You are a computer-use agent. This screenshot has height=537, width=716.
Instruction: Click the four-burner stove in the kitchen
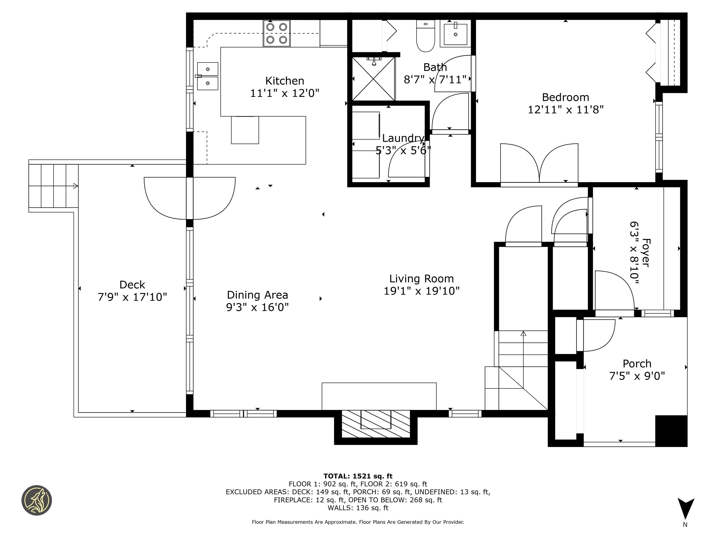(x=276, y=33)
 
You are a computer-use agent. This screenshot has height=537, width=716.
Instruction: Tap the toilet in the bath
(x=425, y=36)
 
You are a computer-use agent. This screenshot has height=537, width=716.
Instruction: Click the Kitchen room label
(x=285, y=81)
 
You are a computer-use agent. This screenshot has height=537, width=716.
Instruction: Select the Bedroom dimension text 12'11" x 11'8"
(x=565, y=110)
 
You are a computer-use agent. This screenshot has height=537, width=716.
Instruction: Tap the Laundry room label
(x=403, y=138)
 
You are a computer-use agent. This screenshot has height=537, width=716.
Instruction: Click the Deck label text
(x=132, y=285)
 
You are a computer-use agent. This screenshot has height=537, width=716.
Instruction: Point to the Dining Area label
(x=257, y=295)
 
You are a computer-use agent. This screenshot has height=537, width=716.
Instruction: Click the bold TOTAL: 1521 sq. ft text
(x=358, y=476)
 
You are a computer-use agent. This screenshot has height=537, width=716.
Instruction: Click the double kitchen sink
(x=207, y=76)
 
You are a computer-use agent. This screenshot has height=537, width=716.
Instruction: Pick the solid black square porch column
(x=671, y=431)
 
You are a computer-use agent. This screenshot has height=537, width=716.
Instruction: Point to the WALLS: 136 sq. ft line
(x=358, y=508)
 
